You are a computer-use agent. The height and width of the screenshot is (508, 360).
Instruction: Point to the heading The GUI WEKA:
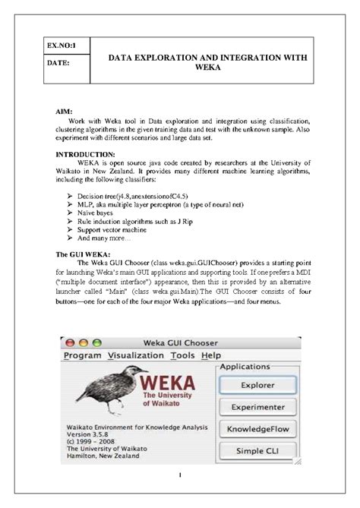[x=84, y=253]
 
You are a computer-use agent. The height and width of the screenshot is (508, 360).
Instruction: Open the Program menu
[x=82, y=355]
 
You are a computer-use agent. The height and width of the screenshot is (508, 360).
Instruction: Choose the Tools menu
[x=182, y=355]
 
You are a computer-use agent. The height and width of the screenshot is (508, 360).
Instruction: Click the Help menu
[x=211, y=355]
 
